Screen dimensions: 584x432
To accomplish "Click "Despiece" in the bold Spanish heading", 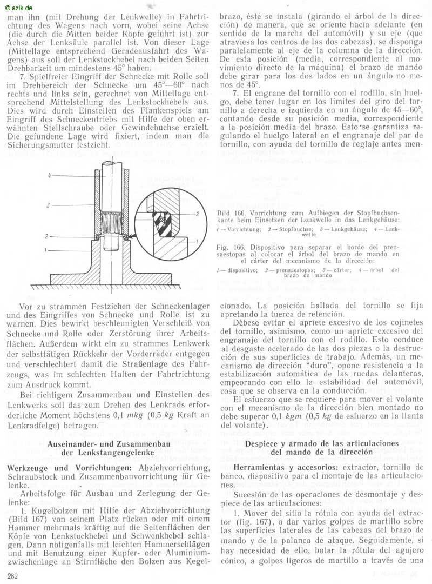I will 264,443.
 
